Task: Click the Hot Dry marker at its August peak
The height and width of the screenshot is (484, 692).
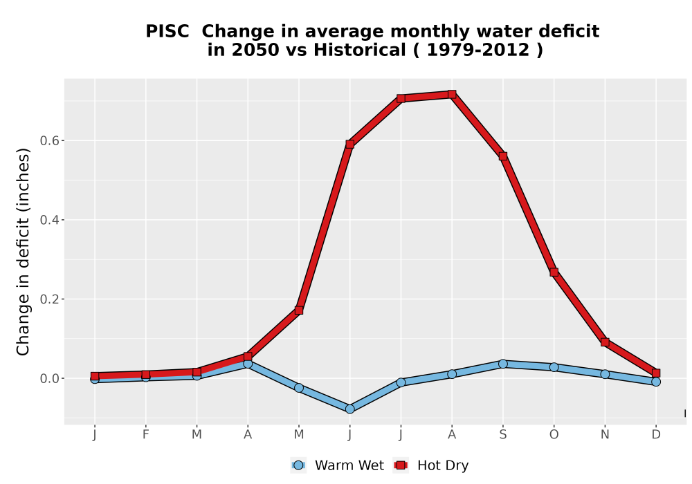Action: [451, 94]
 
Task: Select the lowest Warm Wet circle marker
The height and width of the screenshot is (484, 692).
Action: [349, 409]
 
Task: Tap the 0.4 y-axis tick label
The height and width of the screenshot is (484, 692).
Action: [49, 219]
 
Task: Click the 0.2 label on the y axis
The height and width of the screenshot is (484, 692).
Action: [49, 299]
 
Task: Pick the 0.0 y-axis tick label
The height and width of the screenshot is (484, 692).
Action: [49, 378]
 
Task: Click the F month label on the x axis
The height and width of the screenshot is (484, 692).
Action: [145, 435]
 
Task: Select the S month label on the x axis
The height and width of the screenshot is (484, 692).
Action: [502, 435]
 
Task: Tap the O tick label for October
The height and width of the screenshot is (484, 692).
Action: [554, 435]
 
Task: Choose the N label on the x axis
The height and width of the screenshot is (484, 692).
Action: [605, 435]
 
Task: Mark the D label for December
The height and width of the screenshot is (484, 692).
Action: [656, 435]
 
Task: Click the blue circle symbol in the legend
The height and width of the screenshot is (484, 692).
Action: [298, 465]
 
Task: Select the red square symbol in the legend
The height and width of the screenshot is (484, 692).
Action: [401, 465]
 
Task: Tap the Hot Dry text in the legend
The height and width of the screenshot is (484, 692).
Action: [443, 465]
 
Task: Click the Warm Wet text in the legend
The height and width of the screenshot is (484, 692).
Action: [349, 465]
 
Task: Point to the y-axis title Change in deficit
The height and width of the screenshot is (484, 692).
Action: [23, 252]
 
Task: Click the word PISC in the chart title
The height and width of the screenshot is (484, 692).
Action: [167, 31]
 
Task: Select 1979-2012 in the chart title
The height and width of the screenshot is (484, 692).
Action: [477, 50]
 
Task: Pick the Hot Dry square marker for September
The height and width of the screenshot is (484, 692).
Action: [502, 156]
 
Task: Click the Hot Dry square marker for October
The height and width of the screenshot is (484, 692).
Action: [554, 272]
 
